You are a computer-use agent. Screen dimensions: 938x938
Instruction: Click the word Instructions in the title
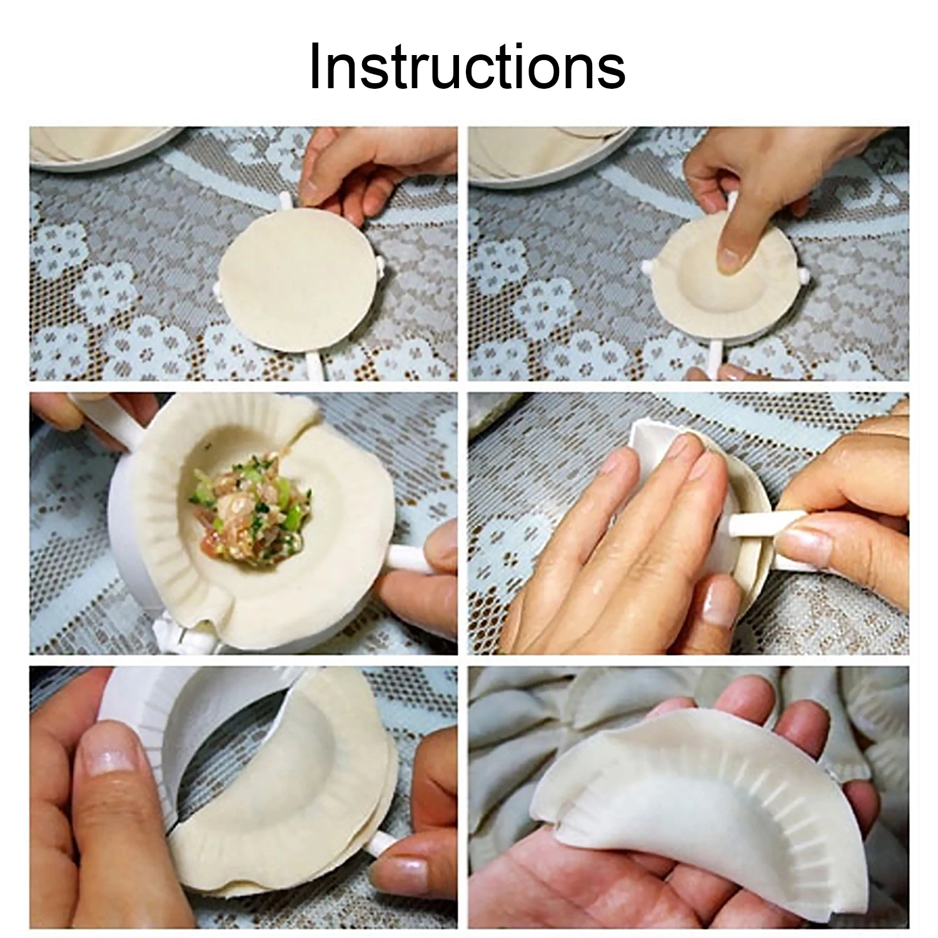pos(467,68)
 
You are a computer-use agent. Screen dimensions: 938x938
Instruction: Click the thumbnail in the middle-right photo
pos(807,544)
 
